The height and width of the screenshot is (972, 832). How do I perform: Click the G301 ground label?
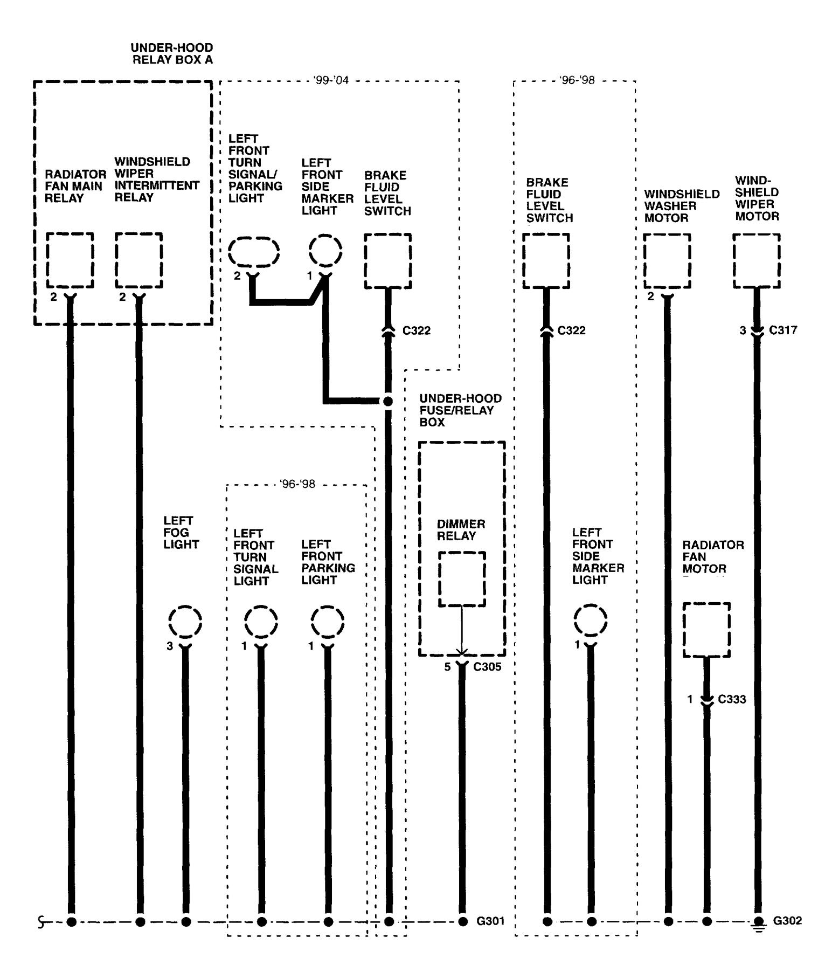coord(490,921)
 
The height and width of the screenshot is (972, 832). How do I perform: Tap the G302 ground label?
coord(787,920)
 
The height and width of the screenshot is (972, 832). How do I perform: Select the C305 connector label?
coord(487,667)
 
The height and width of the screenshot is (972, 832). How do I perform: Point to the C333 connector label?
coord(732,699)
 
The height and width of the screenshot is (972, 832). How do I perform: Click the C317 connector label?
coord(783,330)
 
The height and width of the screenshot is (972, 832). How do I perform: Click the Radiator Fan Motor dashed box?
coord(706,630)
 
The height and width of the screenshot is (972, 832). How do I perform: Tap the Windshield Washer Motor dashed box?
coord(667,261)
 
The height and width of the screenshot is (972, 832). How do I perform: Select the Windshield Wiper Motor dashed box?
coord(757,261)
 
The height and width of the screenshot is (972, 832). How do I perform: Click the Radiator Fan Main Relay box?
coord(70,260)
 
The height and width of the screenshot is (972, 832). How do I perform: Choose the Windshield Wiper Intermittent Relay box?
coord(138,260)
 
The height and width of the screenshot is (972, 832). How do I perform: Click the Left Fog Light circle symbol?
coord(185,622)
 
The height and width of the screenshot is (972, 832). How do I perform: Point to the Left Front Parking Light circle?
coord(328,622)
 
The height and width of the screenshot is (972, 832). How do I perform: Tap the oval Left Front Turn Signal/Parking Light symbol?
coord(254,251)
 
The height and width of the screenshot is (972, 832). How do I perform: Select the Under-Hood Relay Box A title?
coord(172,53)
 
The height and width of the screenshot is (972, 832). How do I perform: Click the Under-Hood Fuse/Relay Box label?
coord(460,410)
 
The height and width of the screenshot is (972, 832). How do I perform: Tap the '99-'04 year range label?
coord(331,80)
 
